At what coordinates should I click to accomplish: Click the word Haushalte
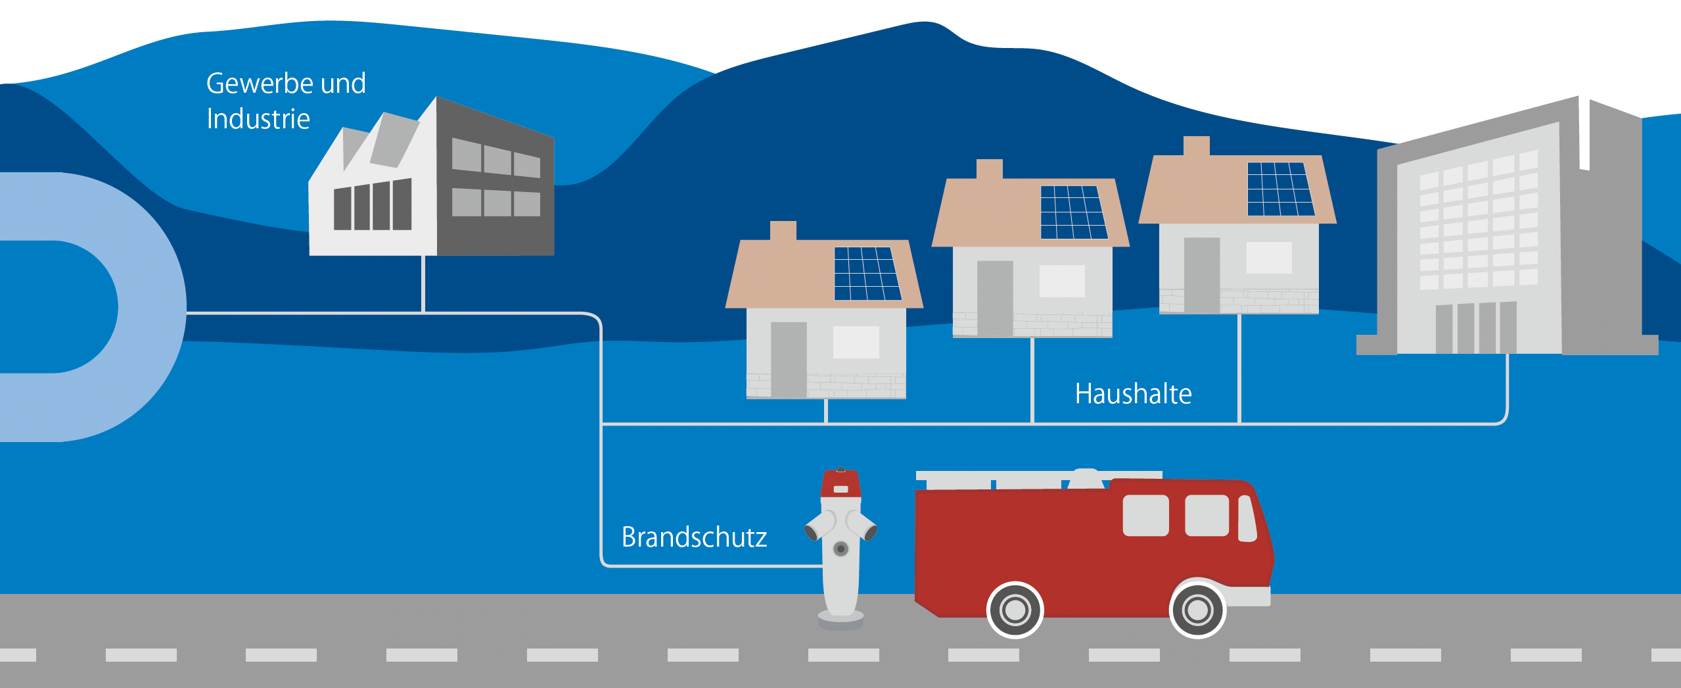pos(1133,394)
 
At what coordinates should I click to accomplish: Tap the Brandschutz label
pos(694,537)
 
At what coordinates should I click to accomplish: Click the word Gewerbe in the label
pos(259,84)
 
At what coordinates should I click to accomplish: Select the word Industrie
pos(258,119)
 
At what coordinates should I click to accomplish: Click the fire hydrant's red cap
pos(840,483)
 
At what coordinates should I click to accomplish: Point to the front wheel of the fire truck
pos(1197,610)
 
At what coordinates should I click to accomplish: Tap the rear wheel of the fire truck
pos(1015,610)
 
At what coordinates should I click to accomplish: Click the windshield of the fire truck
pos(1247,518)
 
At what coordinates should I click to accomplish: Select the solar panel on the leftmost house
pos(867,274)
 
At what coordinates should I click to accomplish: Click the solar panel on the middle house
pos(1074,212)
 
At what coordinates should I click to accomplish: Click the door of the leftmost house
pos(789,359)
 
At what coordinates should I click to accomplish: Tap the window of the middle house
pos(1061,281)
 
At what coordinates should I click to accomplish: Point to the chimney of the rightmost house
pos(1196,145)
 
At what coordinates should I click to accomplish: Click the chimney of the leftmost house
pos(783,230)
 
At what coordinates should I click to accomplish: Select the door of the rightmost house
pos(1201,274)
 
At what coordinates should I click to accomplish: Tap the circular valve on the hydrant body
pos(840,549)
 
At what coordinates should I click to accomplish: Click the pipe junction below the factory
pos(423,313)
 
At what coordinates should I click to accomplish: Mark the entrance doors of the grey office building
pos(1476,328)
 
